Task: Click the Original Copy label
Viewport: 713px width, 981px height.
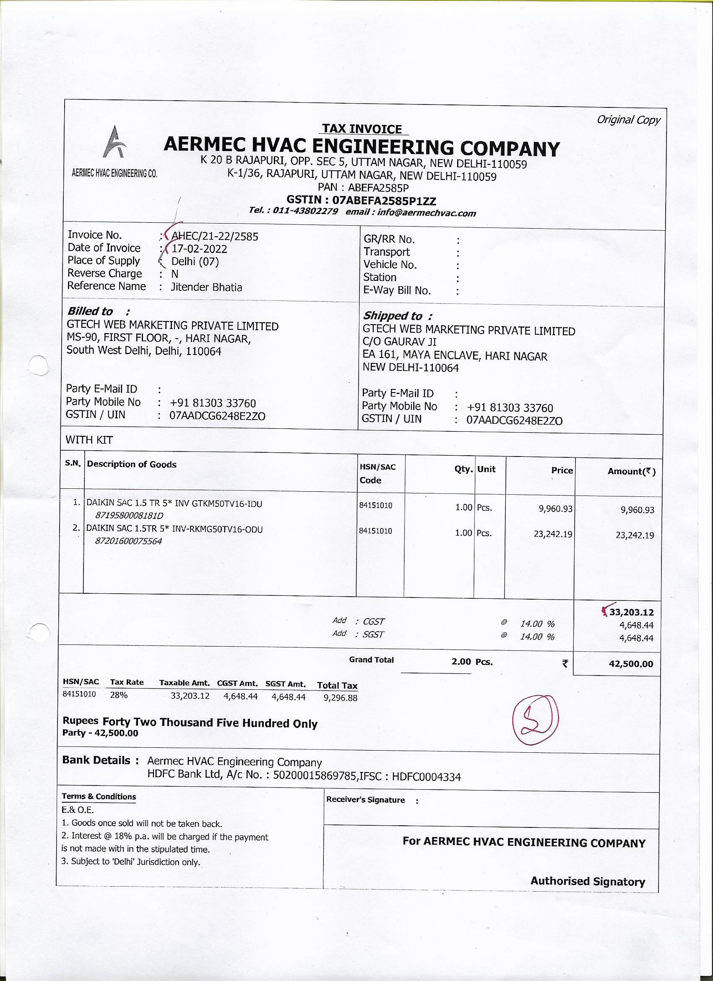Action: (x=628, y=120)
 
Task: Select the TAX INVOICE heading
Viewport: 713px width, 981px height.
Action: (x=362, y=129)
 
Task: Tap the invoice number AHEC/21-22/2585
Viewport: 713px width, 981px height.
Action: (x=215, y=237)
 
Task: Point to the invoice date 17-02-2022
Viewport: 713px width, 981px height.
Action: (x=199, y=249)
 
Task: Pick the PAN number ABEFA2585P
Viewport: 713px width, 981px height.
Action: (x=378, y=188)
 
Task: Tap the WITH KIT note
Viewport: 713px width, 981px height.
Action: (x=89, y=440)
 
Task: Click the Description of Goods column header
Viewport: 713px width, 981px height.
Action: (x=132, y=464)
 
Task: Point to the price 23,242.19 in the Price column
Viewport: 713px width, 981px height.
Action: (x=553, y=534)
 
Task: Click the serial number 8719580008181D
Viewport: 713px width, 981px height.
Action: (x=129, y=516)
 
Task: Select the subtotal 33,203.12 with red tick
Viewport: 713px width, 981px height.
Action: (x=631, y=613)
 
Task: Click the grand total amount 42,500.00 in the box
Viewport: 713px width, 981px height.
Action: (x=631, y=664)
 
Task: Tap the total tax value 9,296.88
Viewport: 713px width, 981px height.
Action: (x=340, y=698)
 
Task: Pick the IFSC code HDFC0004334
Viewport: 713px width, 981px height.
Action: (x=426, y=777)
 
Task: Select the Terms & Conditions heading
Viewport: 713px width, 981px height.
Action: (x=99, y=796)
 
